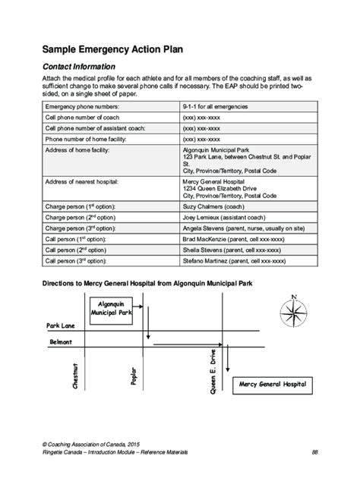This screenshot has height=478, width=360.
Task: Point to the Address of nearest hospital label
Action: pyautogui.click(x=83, y=183)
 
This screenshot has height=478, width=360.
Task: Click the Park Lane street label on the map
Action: pyautogui.click(x=60, y=325)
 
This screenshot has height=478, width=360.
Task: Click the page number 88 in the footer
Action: pyautogui.click(x=314, y=452)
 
